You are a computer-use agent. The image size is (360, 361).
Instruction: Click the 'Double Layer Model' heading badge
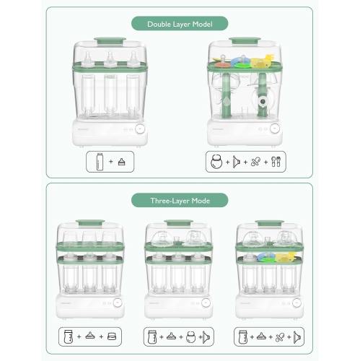[180, 24]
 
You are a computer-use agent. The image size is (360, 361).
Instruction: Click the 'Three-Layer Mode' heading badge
[180, 200]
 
